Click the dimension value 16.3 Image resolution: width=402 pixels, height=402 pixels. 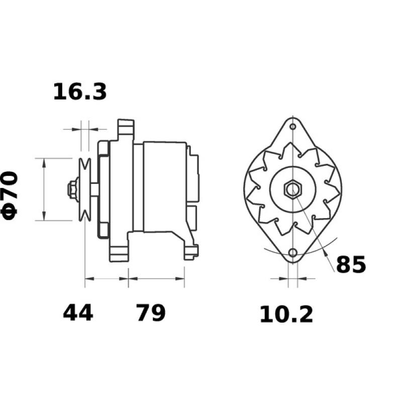pyautogui.click(x=80, y=92)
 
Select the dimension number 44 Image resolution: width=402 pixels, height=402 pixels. pyautogui.click(x=78, y=313)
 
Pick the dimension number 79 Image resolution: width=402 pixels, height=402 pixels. pyautogui.click(x=150, y=313)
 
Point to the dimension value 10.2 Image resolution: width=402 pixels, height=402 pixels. pyautogui.click(x=286, y=315)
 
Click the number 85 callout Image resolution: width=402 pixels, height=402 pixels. pyautogui.click(x=351, y=265)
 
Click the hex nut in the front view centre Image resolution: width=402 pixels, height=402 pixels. pyautogui.click(x=292, y=189)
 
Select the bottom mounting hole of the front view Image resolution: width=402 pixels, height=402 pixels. pyautogui.click(x=292, y=253)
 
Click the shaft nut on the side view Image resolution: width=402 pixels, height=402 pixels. pyautogui.click(x=72, y=189)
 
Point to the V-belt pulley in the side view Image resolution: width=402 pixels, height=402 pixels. pyautogui.click(x=85, y=189)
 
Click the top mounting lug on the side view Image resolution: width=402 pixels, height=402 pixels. pyautogui.click(x=125, y=130)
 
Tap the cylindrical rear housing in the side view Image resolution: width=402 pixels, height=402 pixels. pyautogui.click(x=163, y=186)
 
